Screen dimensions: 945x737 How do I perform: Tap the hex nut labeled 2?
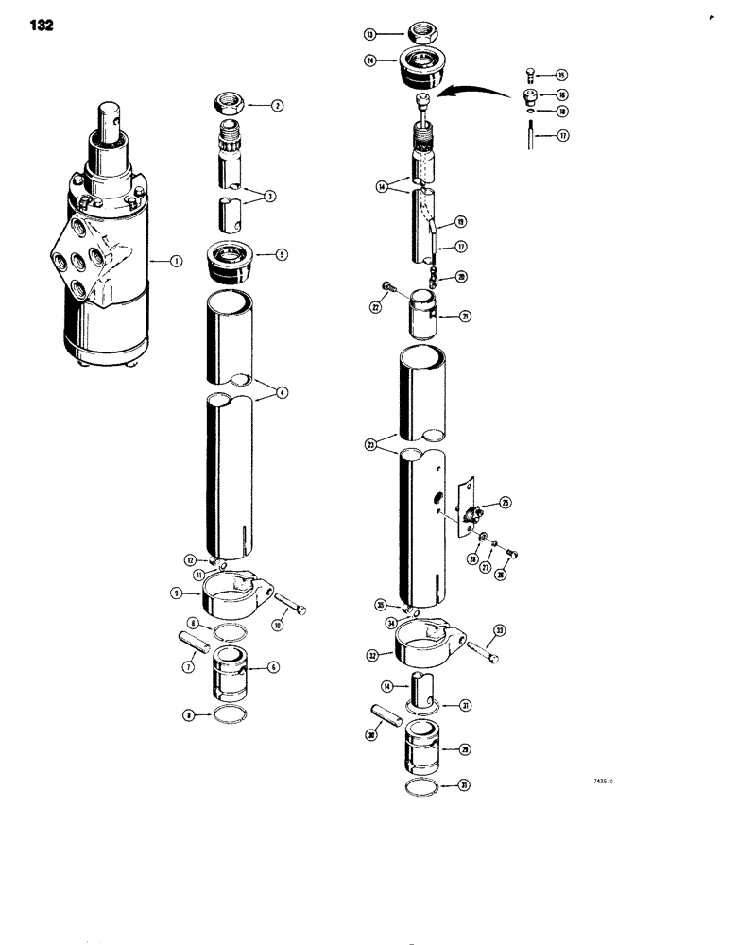pyautogui.click(x=231, y=102)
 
